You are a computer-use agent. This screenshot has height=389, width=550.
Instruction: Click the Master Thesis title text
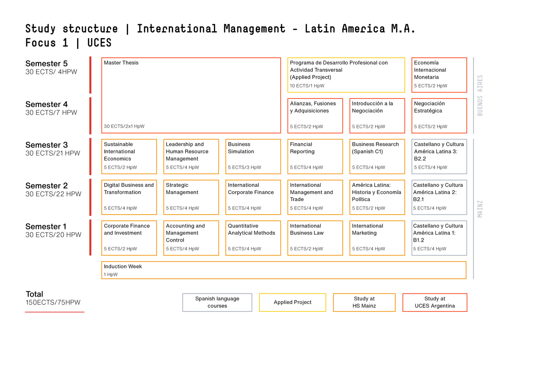pos(121,63)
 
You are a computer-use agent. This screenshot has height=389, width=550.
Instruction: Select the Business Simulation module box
pos(253,157)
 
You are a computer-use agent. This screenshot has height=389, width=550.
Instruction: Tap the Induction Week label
pos(123,267)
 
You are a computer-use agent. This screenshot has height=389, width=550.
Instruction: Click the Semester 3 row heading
pos(46,145)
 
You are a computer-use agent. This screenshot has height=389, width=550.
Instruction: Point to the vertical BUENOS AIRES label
pos(480,96)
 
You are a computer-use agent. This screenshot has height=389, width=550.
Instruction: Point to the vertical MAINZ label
pos(480,209)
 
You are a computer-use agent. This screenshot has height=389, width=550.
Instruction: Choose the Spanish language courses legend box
pos(217,302)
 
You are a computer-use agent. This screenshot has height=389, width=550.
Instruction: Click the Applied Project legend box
pos(293,302)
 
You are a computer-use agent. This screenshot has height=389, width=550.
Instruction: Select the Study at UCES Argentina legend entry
pos(435,302)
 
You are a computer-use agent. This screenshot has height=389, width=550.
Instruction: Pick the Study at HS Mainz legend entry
pos(364,302)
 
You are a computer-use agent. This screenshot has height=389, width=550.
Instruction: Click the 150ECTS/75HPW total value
pos(53,302)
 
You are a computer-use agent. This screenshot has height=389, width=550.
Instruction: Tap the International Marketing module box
pos(377,238)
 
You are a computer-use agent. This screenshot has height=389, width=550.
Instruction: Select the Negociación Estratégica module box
pos(439,116)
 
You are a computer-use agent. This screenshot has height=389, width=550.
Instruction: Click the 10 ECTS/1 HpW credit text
pos(307,86)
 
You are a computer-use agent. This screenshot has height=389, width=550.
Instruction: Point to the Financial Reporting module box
pos(315,157)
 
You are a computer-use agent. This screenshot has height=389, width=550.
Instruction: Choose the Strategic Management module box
pos(191,197)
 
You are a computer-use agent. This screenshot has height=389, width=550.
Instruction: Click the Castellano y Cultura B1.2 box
pos(439,238)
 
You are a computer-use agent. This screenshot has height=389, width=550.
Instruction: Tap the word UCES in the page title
pos(99,43)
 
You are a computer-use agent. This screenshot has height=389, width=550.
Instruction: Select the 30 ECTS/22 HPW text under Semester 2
pos(53,194)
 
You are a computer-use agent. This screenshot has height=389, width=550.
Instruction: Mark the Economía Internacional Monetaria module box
pos(439,75)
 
